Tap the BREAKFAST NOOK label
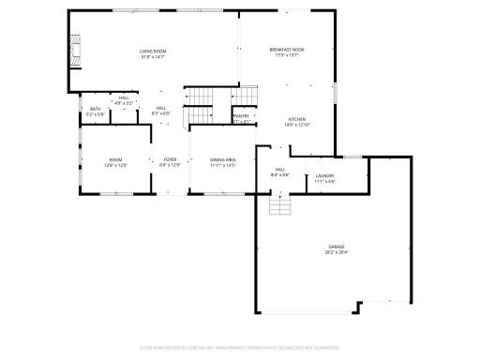point(287,49)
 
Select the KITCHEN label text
point(297,119)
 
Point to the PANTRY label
point(242,115)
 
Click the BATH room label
point(96,109)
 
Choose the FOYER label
point(171,159)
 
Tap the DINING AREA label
point(223,159)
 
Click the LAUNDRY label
point(325,175)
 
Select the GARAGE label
point(336,247)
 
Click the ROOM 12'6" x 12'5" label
point(115,159)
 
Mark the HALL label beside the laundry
point(280,170)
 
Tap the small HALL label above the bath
point(124,97)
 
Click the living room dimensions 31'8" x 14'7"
point(152,56)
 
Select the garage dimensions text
point(336,252)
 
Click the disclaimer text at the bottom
point(240,347)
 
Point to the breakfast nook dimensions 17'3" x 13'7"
point(287,54)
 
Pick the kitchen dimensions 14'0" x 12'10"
point(297,125)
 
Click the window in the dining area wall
point(223,194)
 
